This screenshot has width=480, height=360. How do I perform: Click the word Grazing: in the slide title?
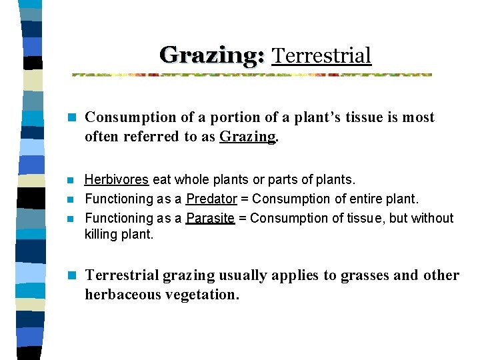pos(212,55)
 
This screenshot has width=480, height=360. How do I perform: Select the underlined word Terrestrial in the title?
pos(321,55)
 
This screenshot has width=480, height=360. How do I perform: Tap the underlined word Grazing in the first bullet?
pos(247,137)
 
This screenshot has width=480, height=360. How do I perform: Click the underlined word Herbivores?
pos(117,180)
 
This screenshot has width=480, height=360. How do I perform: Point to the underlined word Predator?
pos(211,199)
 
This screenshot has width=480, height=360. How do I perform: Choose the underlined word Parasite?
pos(210,218)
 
